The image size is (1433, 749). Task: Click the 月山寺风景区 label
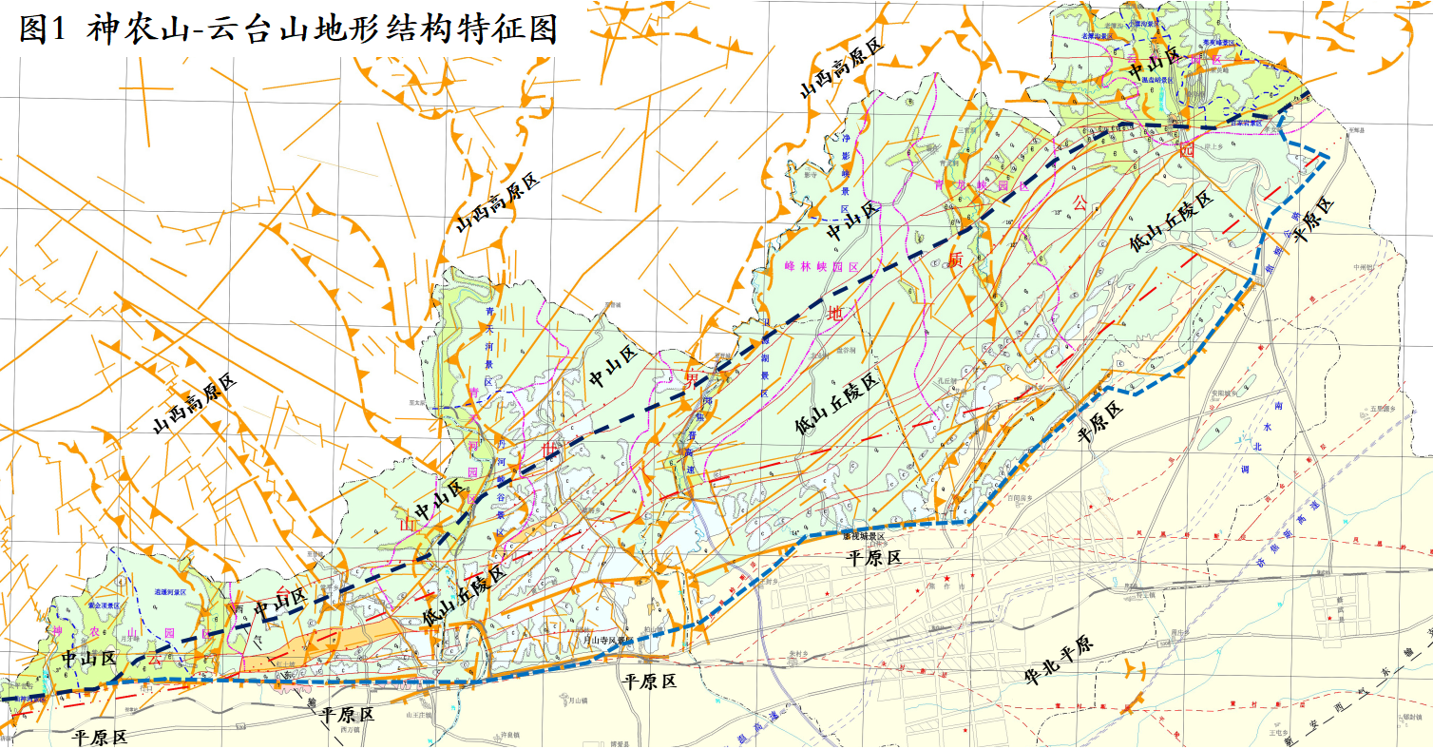tap(603, 641)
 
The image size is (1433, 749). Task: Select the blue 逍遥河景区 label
tap(173, 590)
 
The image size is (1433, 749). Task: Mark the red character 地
tap(835, 313)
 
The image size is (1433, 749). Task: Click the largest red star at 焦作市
tap(946, 578)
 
